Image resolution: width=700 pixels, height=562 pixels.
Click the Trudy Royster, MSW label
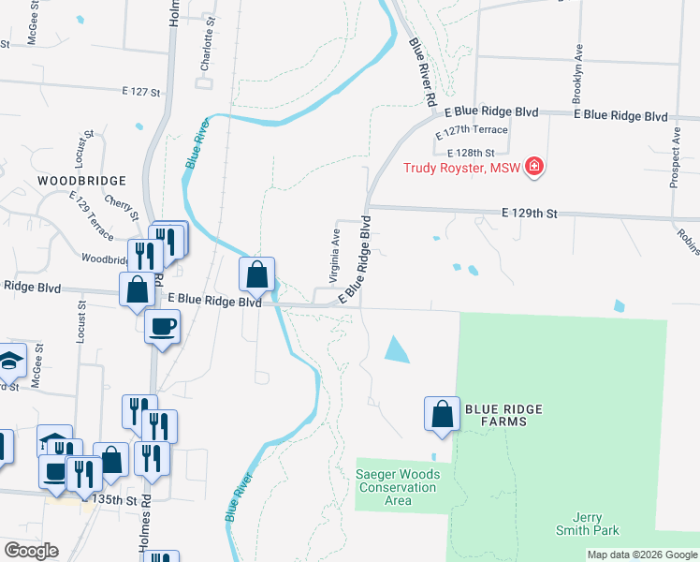coord(461,169)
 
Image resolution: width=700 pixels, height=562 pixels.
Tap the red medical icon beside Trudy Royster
coord(534,168)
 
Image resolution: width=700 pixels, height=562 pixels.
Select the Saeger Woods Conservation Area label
coord(397,487)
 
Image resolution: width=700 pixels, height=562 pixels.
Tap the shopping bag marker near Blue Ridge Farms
coord(442,413)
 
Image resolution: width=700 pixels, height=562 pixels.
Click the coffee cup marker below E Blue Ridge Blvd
coord(163,326)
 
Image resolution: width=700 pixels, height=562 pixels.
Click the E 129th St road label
coord(529,214)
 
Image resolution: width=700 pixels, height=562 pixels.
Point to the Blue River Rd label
coord(423,71)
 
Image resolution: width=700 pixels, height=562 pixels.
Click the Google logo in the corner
coord(31,550)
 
